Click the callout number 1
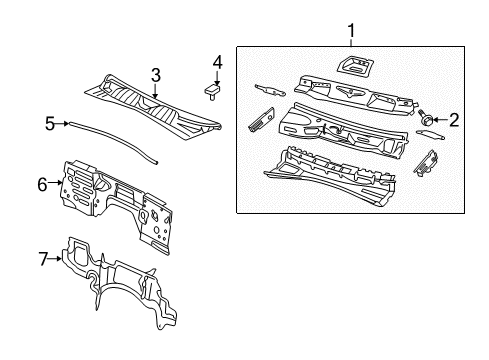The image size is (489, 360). (350, 33)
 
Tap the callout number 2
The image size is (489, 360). (453, 120)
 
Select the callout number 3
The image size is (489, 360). (155, 73)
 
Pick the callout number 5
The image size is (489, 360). (49, 124)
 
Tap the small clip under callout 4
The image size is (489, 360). (213, 91)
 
